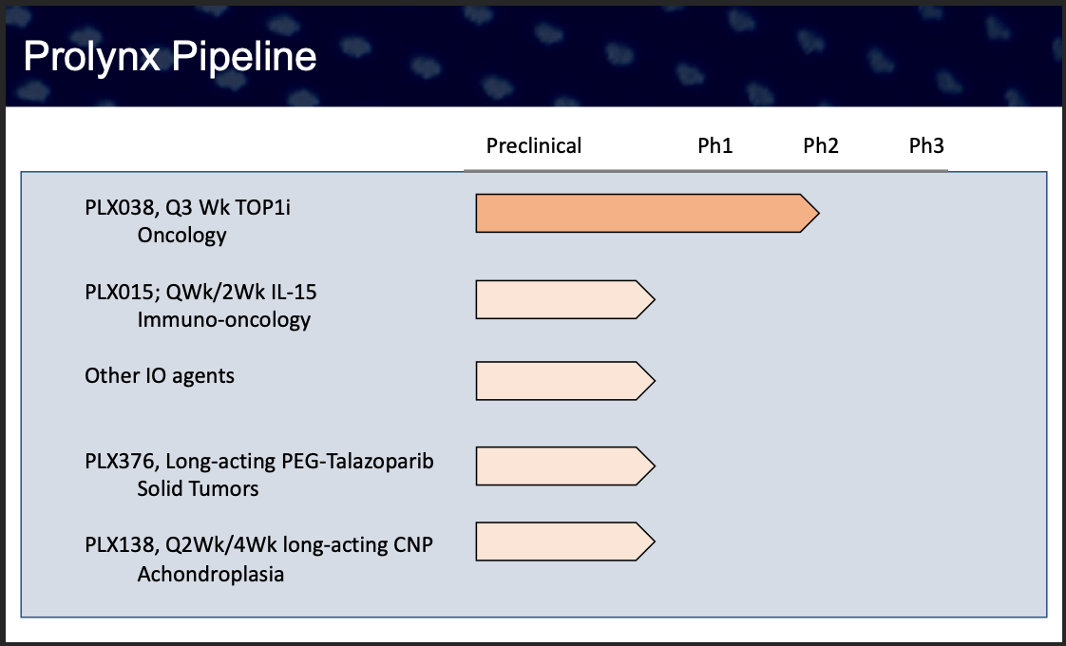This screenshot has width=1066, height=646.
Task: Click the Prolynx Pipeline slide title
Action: pos(170,56)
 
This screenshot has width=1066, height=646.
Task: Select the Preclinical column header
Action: pos(534,145)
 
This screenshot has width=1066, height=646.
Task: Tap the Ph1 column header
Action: pos(715,145)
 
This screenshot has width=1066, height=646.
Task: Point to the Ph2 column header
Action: pos(821,145)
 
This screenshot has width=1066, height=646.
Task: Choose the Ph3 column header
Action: pos(926,145)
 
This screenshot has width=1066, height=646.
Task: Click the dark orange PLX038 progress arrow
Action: pos(647,213)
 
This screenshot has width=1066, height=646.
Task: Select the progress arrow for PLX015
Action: pos(565,299)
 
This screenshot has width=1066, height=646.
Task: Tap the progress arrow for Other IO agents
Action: pos(565,381)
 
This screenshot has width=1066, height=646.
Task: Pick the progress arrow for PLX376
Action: pos(565,465)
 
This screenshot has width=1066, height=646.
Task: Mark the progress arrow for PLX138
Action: pos(565,541)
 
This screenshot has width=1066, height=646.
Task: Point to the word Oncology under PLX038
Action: pos(181,236)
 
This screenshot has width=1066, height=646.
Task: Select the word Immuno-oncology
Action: pos(223,319)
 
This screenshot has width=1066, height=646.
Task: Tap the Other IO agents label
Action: pos(159,376)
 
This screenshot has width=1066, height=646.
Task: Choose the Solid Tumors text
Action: pos(198,489)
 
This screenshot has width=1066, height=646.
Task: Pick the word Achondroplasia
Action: pos(211,574)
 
